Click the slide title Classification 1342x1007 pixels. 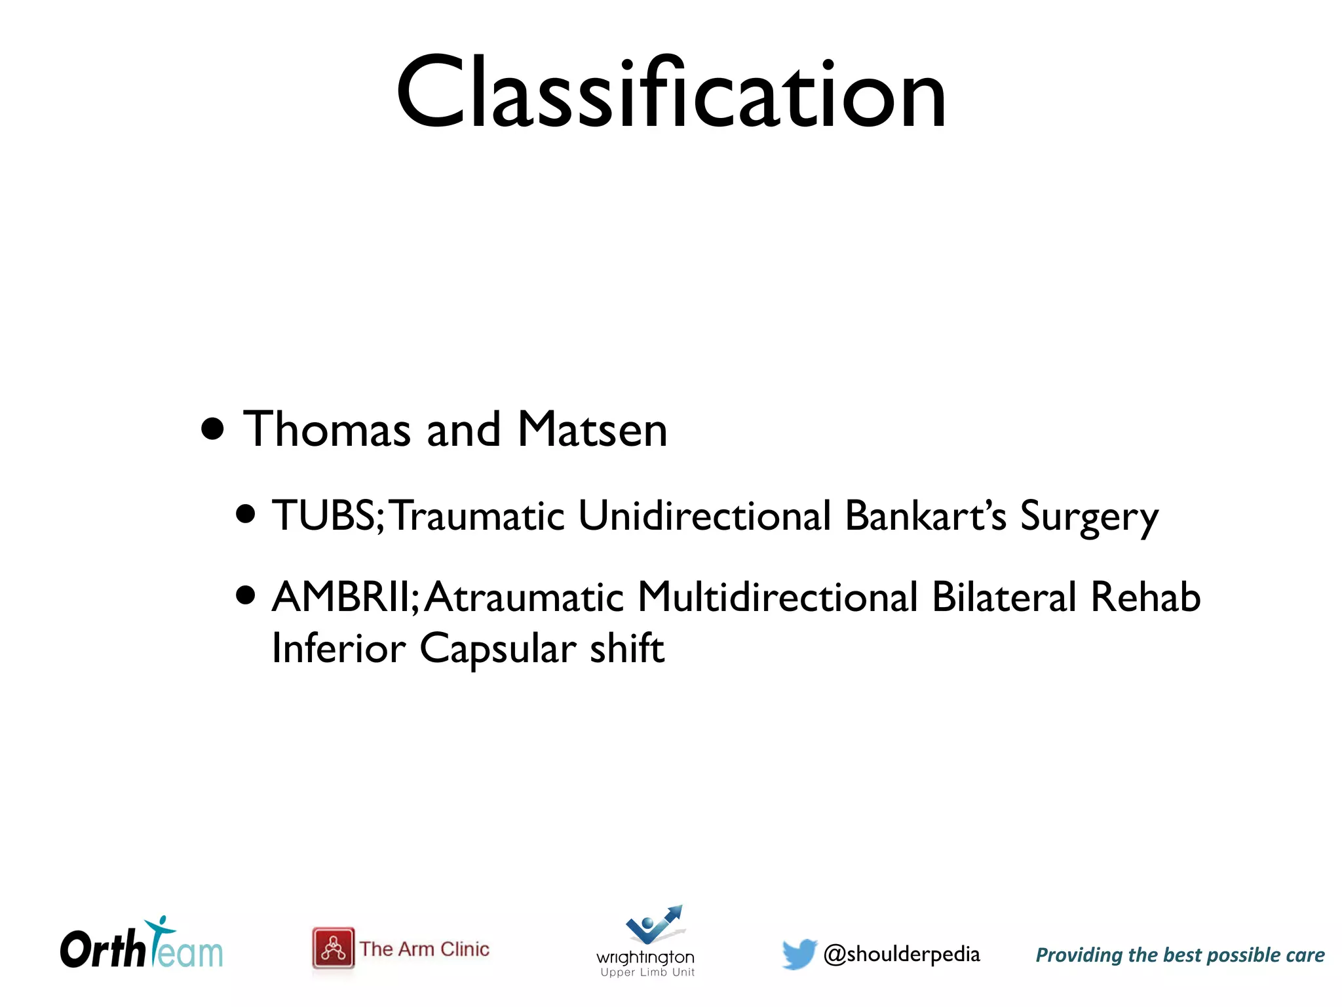pyautogui.click(x=671, y=93)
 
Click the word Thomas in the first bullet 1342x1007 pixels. pyautogui.click(x=326, y=430)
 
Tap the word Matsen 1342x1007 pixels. pyautogui.click(x=592, y=430)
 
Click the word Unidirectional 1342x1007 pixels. pyautogui.click(x=704, y=515)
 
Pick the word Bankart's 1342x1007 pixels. pyautogui.click(x=925, y=515)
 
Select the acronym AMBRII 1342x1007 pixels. pyautogui.click(x=340, y=597)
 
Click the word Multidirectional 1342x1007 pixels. pyautogui.click(x=777, y=597)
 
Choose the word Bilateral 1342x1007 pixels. pyautogui.click(x=1004, y=597)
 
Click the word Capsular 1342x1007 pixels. pyautogui.click(x=498, y=649)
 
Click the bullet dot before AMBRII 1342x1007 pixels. pyautogui.click(x=246, y=596)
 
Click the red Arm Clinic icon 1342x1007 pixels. pyautogui.click(x=334, y=948)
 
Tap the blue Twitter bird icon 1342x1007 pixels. pyautogui.click(x=799, y=953)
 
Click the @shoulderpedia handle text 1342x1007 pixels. pyautogui.click(x=902, y=955)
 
